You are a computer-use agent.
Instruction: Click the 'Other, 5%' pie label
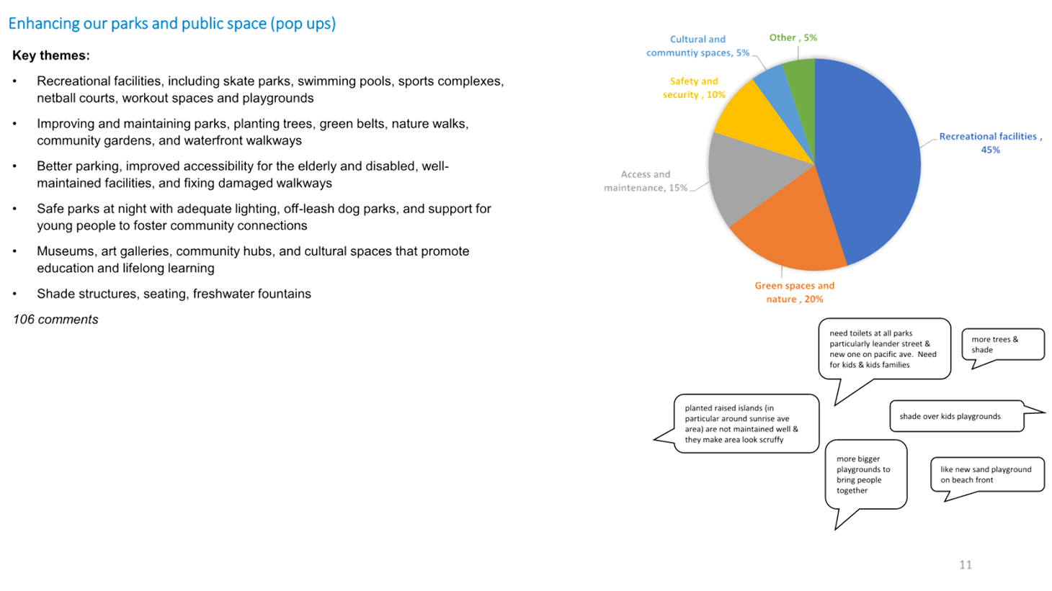(x=793, y=37)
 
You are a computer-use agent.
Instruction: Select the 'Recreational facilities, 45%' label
(x=990, y=143)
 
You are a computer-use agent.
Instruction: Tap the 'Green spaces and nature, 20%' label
(x=795, y=292)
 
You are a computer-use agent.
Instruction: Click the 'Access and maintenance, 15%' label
(x=646, y=181)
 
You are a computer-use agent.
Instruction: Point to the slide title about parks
(x=172, y=24)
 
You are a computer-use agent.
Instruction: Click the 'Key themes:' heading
(x=51, y=55)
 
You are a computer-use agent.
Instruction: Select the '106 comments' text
(x=55, y=320)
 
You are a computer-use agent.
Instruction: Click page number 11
(x=966, y=565)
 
